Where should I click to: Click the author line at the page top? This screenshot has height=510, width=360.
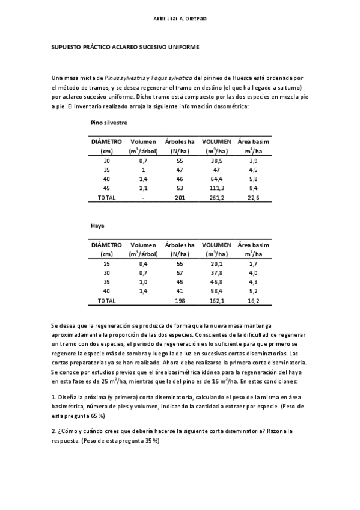pos(180,19)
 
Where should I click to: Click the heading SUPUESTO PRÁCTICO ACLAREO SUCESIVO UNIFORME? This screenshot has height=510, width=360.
pos(125,46)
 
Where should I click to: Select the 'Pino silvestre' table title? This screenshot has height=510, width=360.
pos(109,122)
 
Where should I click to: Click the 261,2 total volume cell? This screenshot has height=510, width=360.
pos(216,197)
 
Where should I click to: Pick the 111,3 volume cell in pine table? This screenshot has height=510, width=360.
pos(216,188)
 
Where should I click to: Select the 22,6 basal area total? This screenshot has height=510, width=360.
pos(253,197)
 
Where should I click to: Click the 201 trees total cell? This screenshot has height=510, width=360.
pos(180,197)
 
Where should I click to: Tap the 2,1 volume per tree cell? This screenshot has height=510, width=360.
pos(143,188)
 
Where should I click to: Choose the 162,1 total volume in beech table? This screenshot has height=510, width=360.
pos(216,300)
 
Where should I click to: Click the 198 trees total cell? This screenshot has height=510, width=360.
pos(180,300)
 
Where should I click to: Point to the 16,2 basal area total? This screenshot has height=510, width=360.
pos(253,300)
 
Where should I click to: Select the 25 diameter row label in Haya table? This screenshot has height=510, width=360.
pos(106,264)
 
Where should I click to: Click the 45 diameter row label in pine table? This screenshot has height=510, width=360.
pos(106,188)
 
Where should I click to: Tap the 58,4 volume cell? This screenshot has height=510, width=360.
pos(216,291)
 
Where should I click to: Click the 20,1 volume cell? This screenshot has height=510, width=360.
pos(216,264)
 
